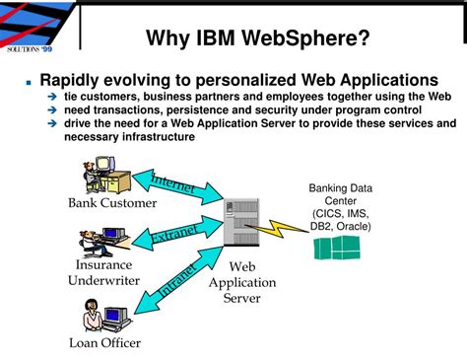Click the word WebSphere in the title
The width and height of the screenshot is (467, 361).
(314, 38)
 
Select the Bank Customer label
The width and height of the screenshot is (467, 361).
(111, 203)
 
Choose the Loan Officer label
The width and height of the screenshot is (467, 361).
(104, 343)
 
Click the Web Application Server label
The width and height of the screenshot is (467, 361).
(242, 283)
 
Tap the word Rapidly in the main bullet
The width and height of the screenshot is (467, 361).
(77, 79)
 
